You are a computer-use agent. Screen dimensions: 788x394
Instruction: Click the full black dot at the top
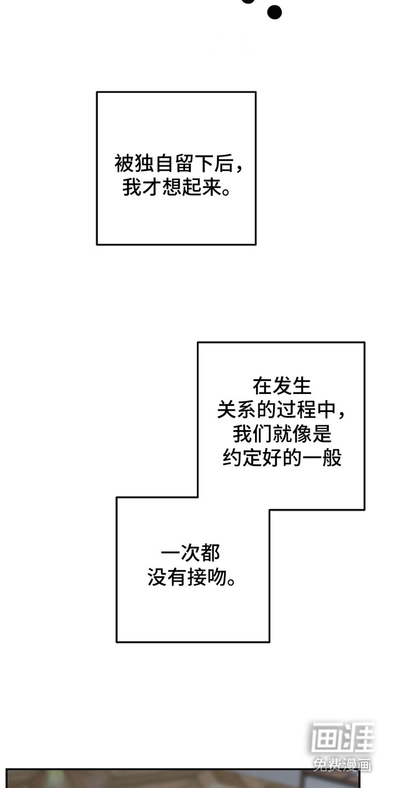275,11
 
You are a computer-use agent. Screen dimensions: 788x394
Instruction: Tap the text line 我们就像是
282,434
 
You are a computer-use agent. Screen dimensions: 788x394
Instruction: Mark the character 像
302,434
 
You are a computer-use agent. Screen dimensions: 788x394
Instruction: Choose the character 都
211,554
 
